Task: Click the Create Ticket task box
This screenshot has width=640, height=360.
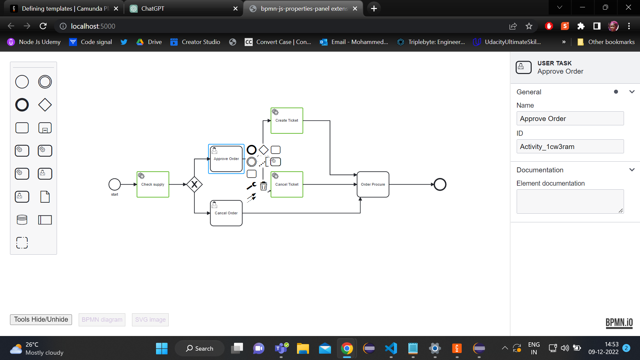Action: [x=287, y=121]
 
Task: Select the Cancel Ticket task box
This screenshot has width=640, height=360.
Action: [x=287, y=184]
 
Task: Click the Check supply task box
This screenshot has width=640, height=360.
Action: [x=153, y=184]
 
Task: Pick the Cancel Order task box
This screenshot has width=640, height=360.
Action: [x=226, y=213]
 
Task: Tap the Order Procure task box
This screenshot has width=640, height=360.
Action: [x=373, y=184]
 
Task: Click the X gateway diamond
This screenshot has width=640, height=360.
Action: [x=194, y=184]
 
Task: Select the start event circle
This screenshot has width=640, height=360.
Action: [x=115, y=184]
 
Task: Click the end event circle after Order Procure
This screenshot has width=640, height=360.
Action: [x=440, y=184]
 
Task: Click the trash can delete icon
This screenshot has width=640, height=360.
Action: [x=264, y=186]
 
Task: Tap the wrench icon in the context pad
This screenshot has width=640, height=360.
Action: [x=251, y=186]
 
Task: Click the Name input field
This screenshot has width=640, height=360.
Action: [x=570, y=118]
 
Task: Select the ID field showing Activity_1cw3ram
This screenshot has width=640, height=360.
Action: [x=570, y=146]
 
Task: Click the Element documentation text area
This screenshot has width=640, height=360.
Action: [x=570, y=201]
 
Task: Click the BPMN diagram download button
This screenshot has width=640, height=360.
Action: [x=102, y=320]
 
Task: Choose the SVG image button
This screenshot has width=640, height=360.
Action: [x=150, y=320]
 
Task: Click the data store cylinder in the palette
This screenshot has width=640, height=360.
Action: [x=22, y=220]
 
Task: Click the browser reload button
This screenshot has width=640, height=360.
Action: [x=43, y=26]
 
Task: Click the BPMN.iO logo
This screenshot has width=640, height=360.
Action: [x=619, y=323]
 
